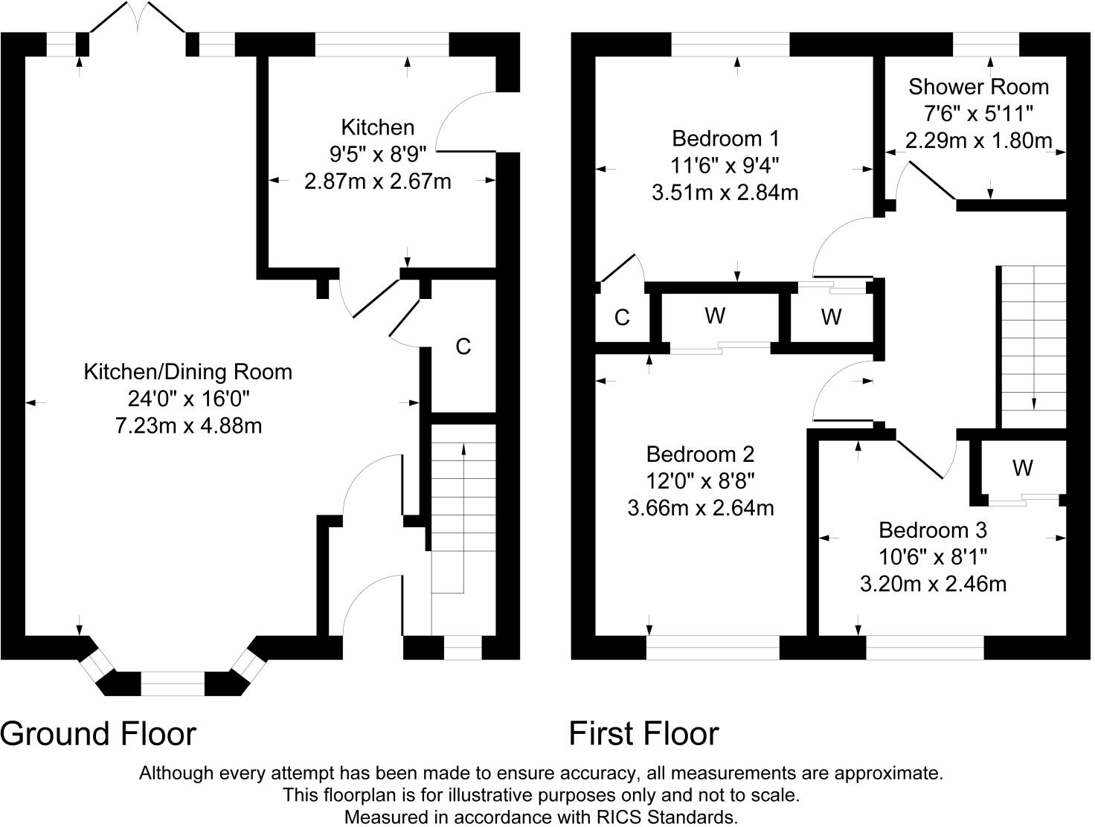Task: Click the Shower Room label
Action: tap(978, 87)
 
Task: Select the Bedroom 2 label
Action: tap(700, 454)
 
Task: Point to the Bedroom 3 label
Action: tap(932, 530)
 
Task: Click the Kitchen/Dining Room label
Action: tap(187, 372)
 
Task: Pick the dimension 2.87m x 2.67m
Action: tap(377, 181)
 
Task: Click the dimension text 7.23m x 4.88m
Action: tap(187, 426)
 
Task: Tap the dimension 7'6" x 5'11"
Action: tap(978, 114)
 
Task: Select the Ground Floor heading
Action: tap(98, 733)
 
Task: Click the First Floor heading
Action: tap(643, 733)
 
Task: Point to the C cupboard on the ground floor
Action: tap(463, 347)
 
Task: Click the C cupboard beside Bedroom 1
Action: tap(622, 318)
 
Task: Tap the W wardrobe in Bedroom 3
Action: tap(1022, 468)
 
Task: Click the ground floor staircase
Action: tap(463, 521)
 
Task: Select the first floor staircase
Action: tap(1033, 346)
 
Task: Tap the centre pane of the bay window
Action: tap(173, 683)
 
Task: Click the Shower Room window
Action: tap(986, 45)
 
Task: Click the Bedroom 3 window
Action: tap(925, 647)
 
